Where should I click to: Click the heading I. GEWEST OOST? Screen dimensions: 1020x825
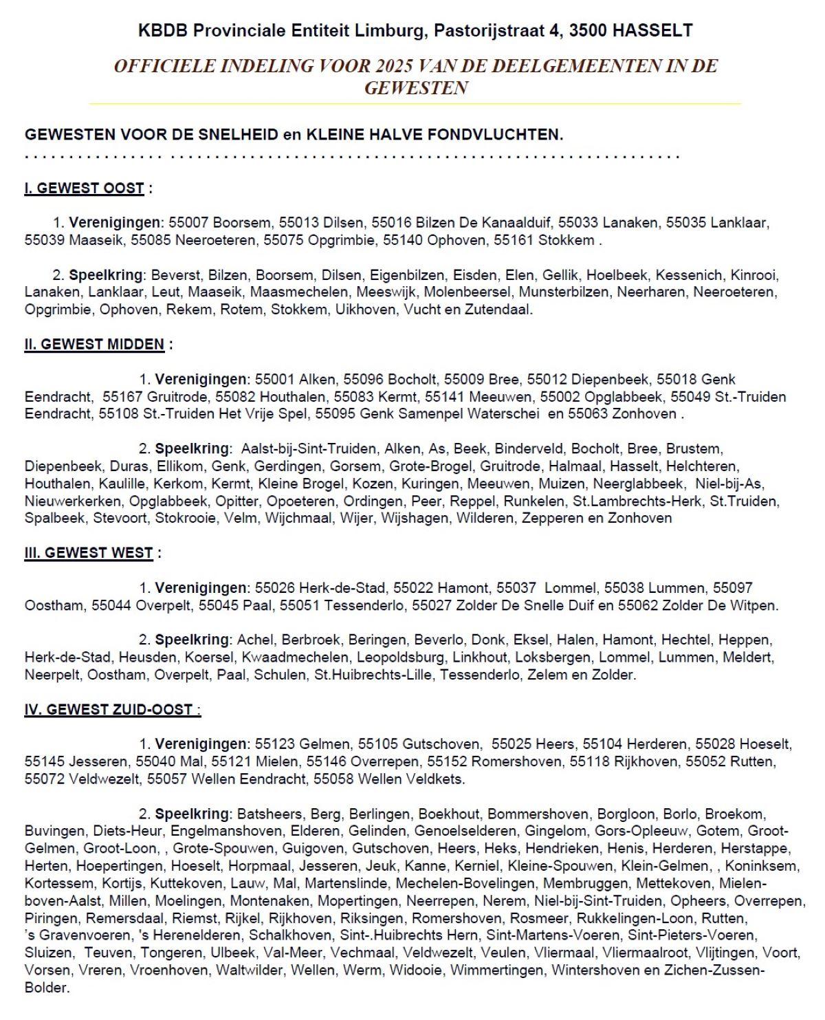85,188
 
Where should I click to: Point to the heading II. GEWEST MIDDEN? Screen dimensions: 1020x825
95,345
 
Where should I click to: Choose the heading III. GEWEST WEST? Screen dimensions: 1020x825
89,553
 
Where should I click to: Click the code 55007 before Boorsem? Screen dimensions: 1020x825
188,223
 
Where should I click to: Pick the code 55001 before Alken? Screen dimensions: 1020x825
274,379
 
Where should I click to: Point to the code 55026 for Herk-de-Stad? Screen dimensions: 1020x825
274,588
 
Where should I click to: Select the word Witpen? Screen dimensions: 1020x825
753,606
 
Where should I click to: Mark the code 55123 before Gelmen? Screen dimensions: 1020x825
274,744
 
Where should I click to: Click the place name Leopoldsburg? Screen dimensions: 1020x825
400,658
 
